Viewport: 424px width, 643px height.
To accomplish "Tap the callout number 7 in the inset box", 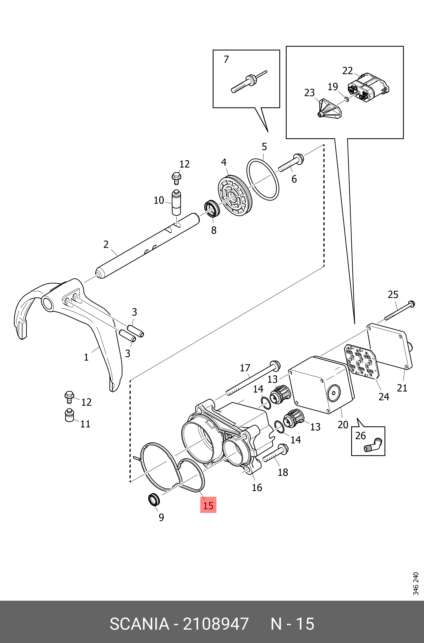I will [x=226, y=59].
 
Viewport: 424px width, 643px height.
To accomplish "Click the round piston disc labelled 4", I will [x=235, y=195].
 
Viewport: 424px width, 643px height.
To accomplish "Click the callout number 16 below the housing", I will [x=257, y=487].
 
